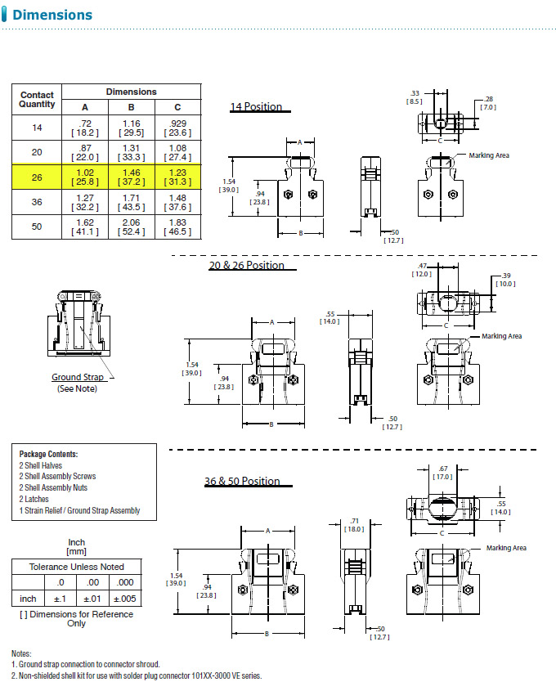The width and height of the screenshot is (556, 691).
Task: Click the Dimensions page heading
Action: (x=52, y=15)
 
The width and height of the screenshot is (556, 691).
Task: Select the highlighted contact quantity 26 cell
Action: (x=37, y=177)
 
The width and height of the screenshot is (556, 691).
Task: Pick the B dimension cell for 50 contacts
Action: (x=132, y=227)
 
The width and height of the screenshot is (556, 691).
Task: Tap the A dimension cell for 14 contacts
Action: (x=85, y=128)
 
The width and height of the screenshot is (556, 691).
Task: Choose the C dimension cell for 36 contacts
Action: (x=178, y=202)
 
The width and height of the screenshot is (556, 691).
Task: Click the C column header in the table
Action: (x=177, y=107)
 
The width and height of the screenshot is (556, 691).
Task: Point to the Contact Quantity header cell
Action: (x=37, y=100)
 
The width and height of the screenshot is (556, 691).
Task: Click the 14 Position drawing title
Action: (x=256, y=106)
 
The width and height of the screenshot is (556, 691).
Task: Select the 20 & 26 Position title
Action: (x=247, y=265)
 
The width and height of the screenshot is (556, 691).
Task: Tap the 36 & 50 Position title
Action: (x=242, y=481)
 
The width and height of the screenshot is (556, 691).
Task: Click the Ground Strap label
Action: (x=78, y=377)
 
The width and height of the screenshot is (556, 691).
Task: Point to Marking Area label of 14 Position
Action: (x=489, y=155)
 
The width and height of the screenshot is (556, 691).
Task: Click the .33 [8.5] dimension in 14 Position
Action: (x=415, y=97)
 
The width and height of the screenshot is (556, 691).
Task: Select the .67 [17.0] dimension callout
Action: (x=443, y=473)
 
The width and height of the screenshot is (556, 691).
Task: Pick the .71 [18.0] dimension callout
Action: (x=355, y=525)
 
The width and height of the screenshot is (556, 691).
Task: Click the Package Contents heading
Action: (x=48, y=454)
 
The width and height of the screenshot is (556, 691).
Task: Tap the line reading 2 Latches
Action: (x=34, y=499)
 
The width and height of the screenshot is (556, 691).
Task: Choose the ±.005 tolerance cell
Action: (x=125, y=599)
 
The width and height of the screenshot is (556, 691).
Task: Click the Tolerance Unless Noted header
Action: (x=77, y=567)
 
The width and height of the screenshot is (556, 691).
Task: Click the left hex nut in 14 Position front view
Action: (x=289, y=195)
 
